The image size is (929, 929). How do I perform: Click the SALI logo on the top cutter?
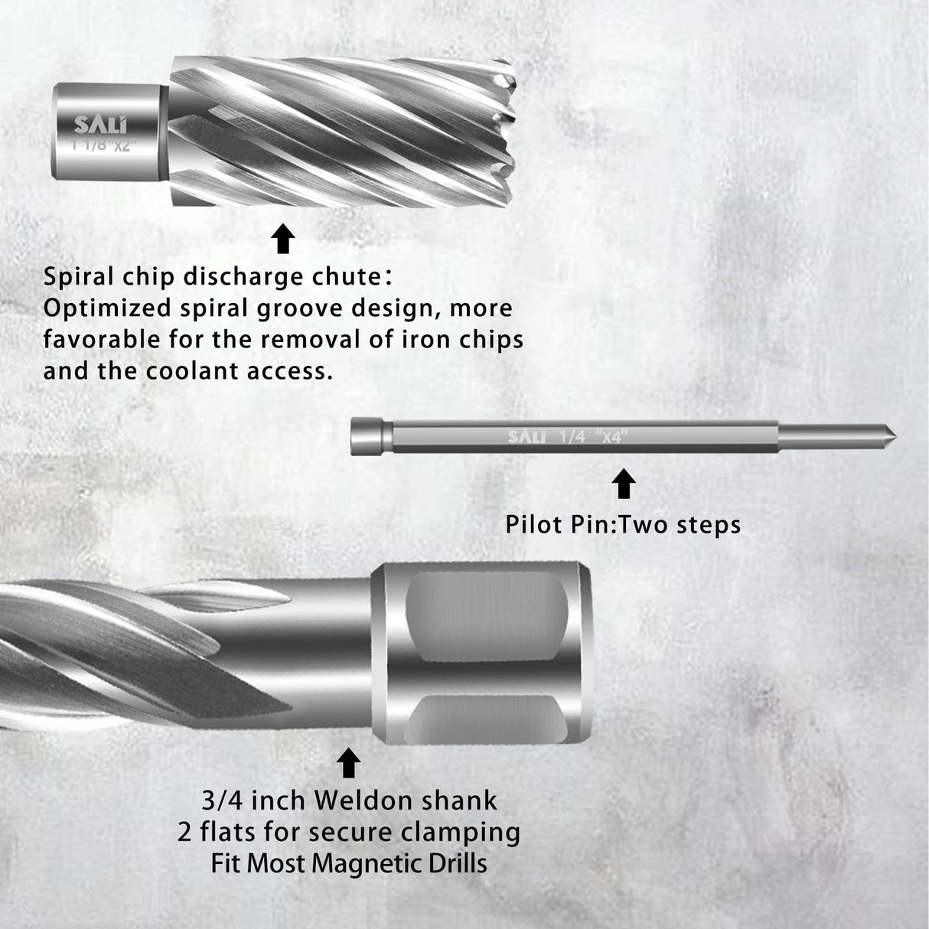[x=101, y=125]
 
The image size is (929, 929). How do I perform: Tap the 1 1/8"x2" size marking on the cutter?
[x=101, y=144]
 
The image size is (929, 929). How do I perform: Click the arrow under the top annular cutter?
[x=284, y=239]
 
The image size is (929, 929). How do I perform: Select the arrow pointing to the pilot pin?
[x=624, y=484]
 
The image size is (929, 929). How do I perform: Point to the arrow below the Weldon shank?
[x=349, y=763]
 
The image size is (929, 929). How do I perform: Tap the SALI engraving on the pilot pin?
[x=527, y=437]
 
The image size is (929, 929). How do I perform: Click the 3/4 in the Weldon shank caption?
[x=221, y=800]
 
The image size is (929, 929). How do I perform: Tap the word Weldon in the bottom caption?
[x=353, y=800]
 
